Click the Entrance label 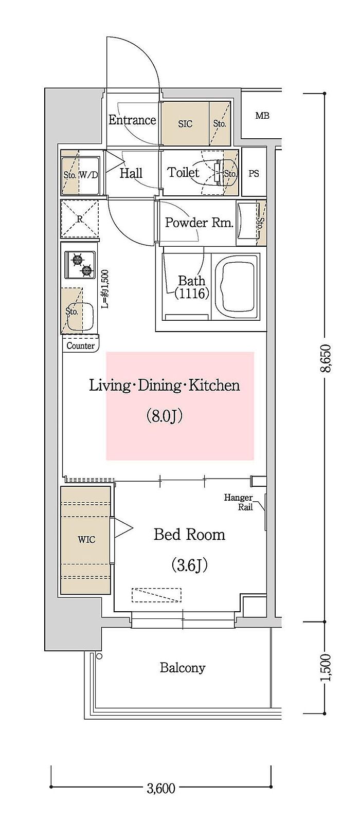pos(132,120)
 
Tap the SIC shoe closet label pos(185,124)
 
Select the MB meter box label pos(262,116)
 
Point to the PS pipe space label pos(254,173)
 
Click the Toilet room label pos(183,172)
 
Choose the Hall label pos(131,173)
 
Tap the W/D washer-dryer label pos(88,175)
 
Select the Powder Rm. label pos(199,223)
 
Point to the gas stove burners pos(81,265)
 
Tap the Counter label pos(81,346)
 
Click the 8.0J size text pos(165,416)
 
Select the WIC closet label pos(87,540)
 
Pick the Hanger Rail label pos(239,502)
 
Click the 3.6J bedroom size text pos(189,565)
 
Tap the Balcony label pos(183,668)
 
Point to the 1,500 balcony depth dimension pos(325,668)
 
